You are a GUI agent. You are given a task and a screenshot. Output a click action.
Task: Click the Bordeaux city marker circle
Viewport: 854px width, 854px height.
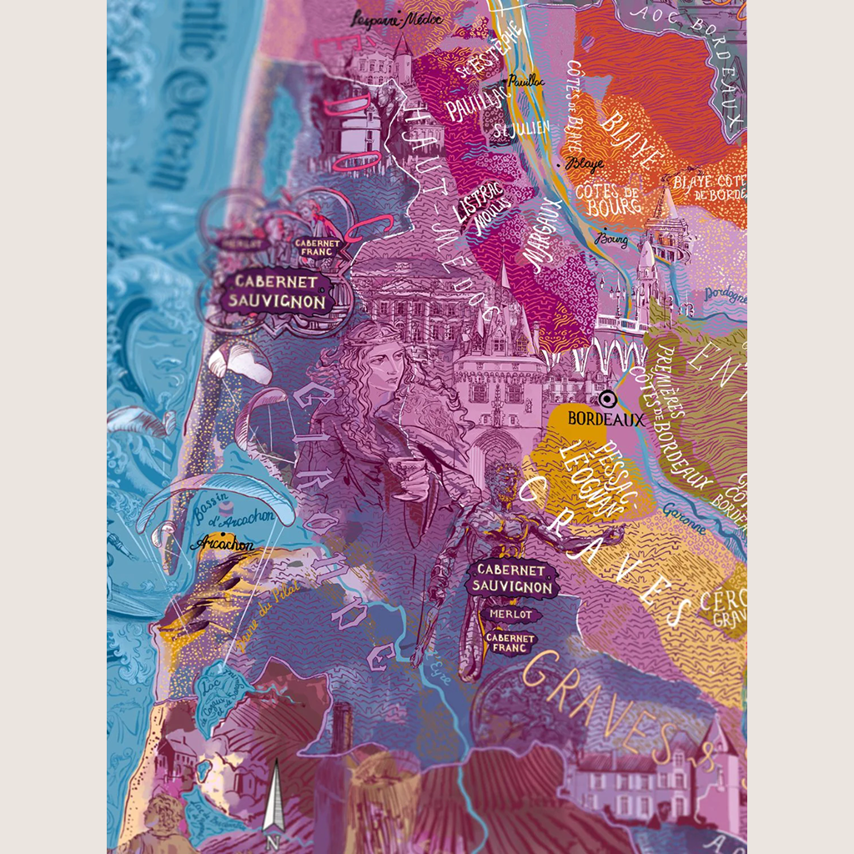tap(606, 399)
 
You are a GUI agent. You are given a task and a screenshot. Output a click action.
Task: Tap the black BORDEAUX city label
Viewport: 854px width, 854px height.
tap(605, 419)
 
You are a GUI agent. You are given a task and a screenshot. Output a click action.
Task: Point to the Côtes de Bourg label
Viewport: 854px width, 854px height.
tap(608, 199)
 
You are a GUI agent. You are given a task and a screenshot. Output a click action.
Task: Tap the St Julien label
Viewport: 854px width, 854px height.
tap(510, 130)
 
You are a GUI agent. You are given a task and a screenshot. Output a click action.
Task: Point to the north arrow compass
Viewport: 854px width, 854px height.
tap(274, 801)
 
